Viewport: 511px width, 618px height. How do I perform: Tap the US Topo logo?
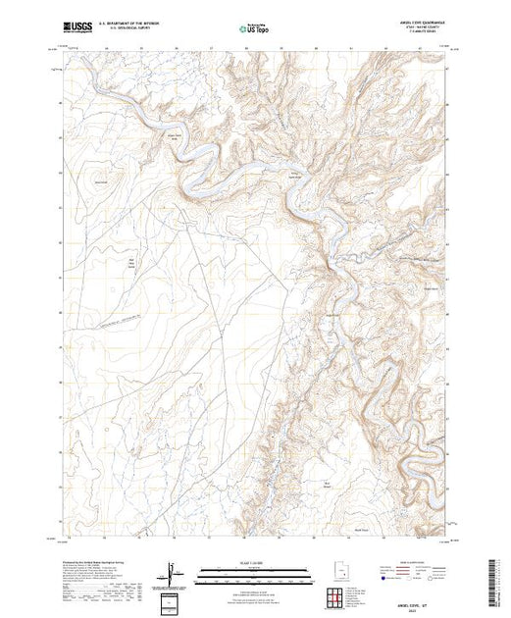254,29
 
